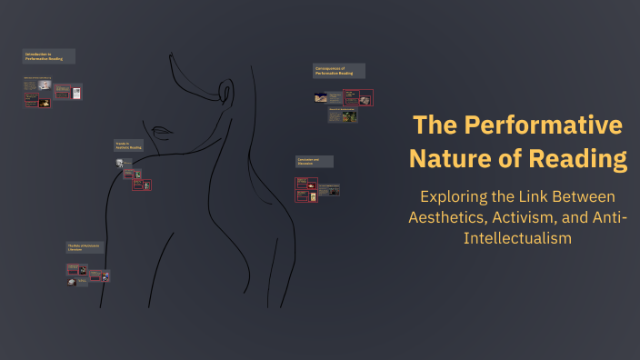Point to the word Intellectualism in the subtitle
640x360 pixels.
[517, 238]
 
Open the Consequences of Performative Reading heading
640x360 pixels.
[339, 71]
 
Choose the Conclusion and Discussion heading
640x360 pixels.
[314, 161]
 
